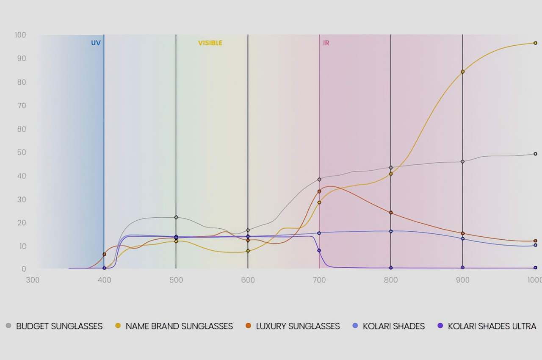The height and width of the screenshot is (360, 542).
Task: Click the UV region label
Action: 96,43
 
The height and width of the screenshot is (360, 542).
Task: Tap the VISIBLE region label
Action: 210,43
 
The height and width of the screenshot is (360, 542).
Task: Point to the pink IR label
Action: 326,43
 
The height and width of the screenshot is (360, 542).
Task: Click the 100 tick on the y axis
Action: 20,35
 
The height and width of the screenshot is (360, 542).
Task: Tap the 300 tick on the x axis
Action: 33,280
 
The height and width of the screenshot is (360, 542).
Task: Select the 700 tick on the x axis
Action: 319,280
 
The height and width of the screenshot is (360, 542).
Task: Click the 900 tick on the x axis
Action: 462,280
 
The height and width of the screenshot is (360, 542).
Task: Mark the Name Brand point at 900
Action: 463,72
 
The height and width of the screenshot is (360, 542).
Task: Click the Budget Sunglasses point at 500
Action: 176,217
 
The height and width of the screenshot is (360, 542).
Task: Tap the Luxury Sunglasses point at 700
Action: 319,191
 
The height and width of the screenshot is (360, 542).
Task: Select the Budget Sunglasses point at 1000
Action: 535,154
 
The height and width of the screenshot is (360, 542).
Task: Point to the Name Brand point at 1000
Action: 535,43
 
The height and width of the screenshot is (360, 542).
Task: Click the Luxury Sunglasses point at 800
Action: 391,213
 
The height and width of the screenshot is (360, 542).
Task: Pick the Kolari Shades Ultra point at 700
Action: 319,250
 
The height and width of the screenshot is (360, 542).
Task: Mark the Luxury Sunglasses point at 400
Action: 104,254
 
